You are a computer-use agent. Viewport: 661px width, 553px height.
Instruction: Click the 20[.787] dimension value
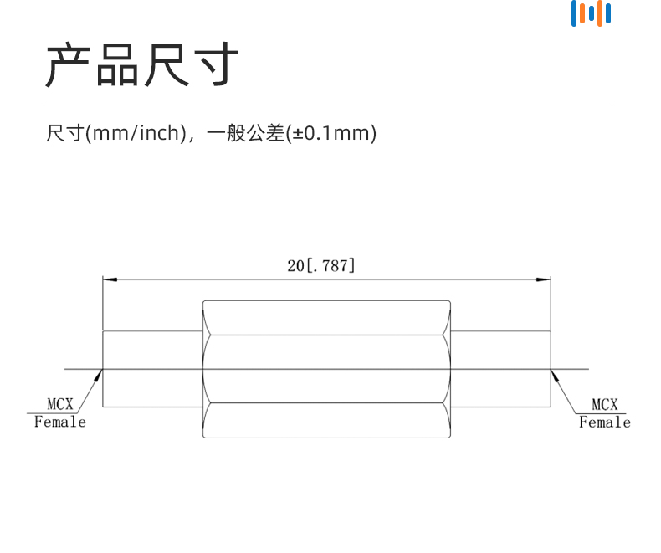pos(321,266)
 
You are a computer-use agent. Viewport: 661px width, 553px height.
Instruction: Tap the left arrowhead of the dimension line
pos(110,279)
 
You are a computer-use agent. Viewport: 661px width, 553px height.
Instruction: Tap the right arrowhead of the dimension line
pos(543,279)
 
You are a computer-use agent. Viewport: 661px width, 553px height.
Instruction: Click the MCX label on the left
pos(60,404)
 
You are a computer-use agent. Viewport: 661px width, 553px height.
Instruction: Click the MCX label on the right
pos(604,405)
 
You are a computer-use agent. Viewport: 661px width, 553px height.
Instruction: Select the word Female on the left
pos(60,422)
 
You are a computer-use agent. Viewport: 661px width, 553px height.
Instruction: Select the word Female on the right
pos(604,422)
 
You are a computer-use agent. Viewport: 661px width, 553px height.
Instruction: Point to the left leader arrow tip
pos(102,369)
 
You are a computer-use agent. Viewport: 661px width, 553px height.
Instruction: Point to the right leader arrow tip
pos(551,369)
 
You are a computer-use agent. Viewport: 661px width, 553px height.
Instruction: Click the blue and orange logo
pos(591,13)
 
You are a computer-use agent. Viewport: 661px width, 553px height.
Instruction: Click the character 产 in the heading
pos(69,64)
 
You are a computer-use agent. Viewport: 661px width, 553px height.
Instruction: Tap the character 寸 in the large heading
pos(216,64)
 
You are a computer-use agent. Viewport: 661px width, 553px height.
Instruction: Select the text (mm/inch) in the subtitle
pos(136,133)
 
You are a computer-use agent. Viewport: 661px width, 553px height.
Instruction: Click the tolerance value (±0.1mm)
pos(331,133)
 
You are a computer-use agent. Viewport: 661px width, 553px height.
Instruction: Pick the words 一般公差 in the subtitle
pos(246,133)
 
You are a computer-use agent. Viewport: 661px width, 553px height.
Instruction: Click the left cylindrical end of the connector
pos(152,369)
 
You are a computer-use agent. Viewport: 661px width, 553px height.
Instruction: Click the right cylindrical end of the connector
pos(500,369)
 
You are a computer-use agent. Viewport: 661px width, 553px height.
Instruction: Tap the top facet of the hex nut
pos(326,318)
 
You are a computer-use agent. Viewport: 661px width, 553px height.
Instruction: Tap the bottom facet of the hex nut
pos(326,420)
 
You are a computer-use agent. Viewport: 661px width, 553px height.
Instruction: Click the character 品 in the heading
pos(117,64)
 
